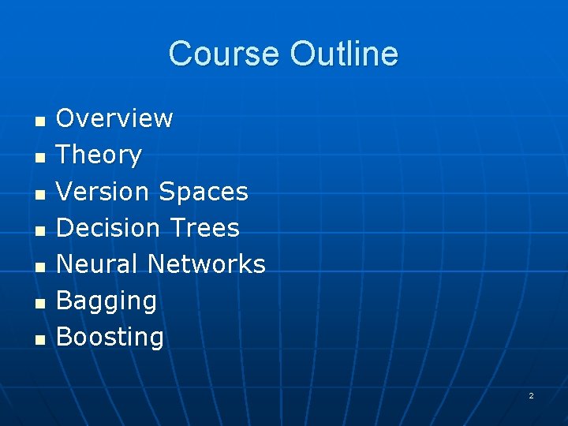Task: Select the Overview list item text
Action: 114,118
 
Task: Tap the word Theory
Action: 99,155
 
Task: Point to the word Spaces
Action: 204,191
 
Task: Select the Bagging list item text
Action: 106,301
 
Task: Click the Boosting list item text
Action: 110,337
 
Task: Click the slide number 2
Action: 531,395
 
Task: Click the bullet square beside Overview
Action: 39,121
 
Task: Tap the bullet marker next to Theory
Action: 39,158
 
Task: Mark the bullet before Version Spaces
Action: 39,194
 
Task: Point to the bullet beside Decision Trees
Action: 39,230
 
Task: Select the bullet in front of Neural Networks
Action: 39,267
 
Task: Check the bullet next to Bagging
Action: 39,303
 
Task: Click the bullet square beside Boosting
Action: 39,339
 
